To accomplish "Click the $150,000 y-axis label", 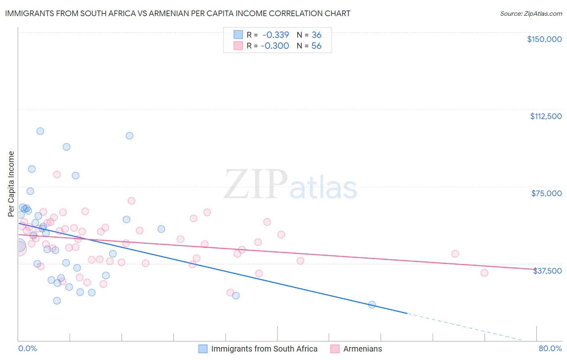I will pyautogui.click(x=544, y=39).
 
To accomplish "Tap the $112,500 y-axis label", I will pyautogui.click(x=546, y=116).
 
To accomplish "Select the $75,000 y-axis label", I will pyautogui.click(x=546, y=193).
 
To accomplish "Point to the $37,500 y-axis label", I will pyautogui.click(x=547, y=271).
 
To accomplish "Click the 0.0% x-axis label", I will pyautogui.click(x=27, y=348).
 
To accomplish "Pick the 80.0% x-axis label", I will pyautogui.click(x=550, y=348).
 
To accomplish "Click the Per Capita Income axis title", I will pyautogui.click(x=11, y=184).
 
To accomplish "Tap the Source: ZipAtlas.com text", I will pyautogui.click(x=531, y=13).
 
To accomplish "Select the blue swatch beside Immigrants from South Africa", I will pyautogui.click(x=203, y=349).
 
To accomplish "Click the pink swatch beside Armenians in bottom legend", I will pyautogui.click(x=335, y=349).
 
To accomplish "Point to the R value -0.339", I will pyautogui.click(x=275, y=35).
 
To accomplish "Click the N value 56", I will pyautogui.click(x=317, y=46).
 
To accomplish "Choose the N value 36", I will pyautogui.click(x=317, y=35).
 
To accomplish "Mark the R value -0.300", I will pyautogui.click(x=275, y=46).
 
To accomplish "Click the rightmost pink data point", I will pyautogui.click(x=484, y=273).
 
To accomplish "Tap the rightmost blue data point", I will pyautogui.click(x=372, y=305).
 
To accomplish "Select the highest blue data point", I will pyautogui.click(x=40, y=131).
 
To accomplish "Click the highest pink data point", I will pyautogui.click(x=57, y=175).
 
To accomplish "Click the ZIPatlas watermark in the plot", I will pyautogui.click(x=290, y=185).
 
